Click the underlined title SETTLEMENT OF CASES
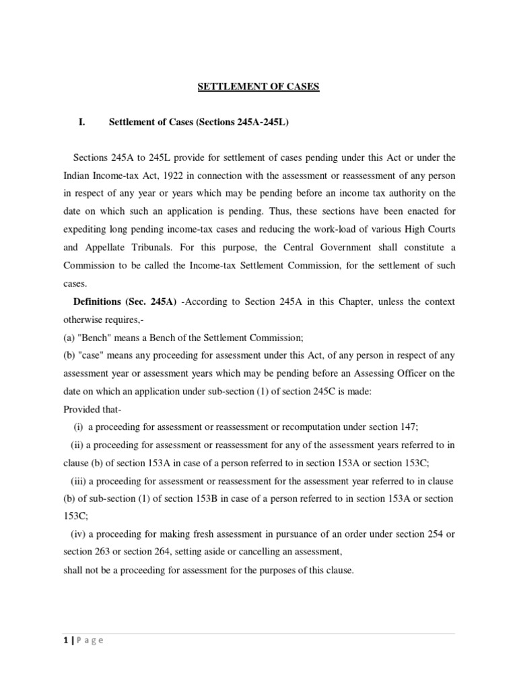[x=258, y=87]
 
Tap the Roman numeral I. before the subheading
[x=82, y=122]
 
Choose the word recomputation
[x=302, y=425]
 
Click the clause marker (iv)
[x=77, y=534]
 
